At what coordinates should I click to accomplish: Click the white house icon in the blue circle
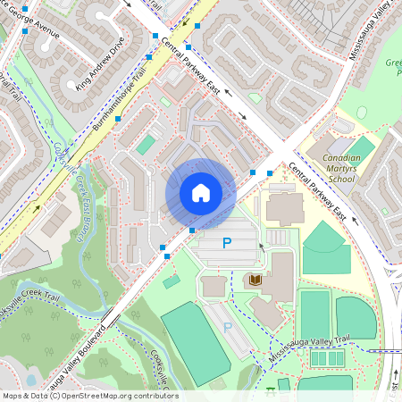[x=201, y=193]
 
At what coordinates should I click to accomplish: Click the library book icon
[x=255, y=281]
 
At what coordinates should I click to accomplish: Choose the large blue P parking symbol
[x=227, y=242]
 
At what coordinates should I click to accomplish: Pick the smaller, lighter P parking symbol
[x=227, y=328]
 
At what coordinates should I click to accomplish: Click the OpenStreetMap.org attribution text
[x=114, y=395]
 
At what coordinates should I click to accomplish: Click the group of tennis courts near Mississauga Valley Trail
[x=325, y=357]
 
